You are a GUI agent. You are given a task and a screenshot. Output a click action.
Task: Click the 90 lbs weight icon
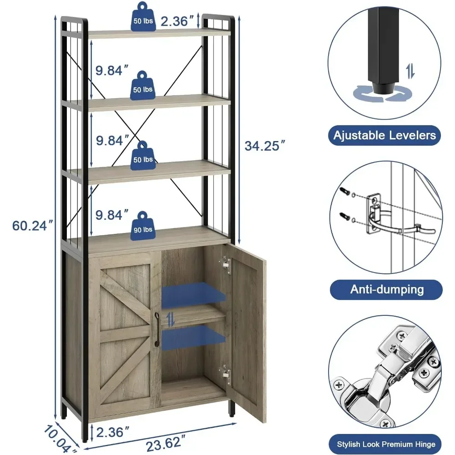[x=143, y=224]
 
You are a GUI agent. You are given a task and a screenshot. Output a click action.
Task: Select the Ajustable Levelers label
[x=384, y=135]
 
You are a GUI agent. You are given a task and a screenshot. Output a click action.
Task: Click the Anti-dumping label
[x=386, y=289]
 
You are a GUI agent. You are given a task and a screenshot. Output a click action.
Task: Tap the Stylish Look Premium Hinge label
[x=386, y=444]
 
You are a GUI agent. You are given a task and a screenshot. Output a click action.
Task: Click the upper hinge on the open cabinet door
[x=225, y=264]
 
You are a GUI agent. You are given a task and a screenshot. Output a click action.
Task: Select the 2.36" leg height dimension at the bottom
[x=110, y=432]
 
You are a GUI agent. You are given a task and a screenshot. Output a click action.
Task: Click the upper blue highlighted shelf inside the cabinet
[x=193, y=293]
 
